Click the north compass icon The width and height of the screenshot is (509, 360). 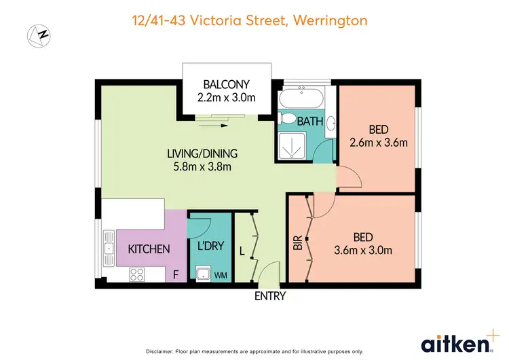39,34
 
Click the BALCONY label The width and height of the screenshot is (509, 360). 227,85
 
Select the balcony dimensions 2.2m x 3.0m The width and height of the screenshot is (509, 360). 227,98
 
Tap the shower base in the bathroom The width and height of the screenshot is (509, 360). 292,145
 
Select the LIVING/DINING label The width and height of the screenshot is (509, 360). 202,153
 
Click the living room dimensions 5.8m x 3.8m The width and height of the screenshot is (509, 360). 202,166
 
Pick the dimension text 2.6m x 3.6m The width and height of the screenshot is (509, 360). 378,143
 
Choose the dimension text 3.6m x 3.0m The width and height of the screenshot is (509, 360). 362,250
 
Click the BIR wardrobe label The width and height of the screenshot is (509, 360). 297,244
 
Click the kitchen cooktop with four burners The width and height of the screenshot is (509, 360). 136,275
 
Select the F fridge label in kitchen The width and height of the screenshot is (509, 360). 176,275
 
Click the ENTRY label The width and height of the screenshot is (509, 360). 269,296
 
